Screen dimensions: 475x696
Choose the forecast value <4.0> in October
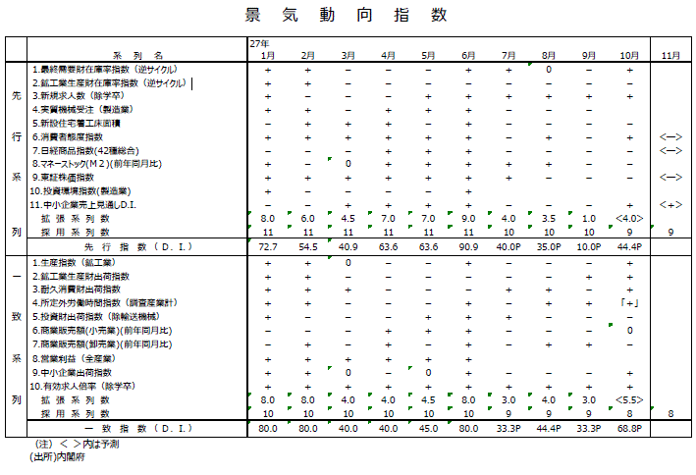pos(629,218)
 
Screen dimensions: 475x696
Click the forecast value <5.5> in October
pos(629,400)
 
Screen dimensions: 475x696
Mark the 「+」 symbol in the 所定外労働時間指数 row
pos(629,304)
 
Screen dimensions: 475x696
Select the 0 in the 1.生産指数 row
pos(348,263)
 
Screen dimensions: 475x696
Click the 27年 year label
pos(258,45)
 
